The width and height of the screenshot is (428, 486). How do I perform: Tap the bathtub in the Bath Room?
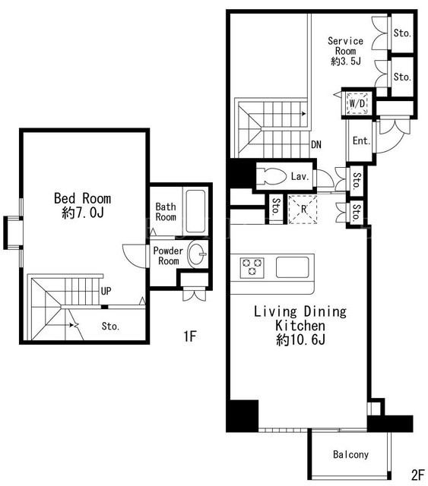[195, 211]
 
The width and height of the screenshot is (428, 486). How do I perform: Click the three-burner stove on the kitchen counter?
[252, 267]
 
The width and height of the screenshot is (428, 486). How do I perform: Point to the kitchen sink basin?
[293, 267]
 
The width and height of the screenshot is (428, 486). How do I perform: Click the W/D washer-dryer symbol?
[357, 103]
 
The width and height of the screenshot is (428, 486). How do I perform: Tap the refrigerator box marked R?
[303, 210]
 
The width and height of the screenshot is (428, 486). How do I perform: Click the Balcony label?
[350, 454]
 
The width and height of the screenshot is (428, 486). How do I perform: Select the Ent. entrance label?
[361, 140]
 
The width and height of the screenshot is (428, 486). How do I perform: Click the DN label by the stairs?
[316, 144]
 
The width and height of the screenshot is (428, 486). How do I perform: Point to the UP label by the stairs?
[106, 291]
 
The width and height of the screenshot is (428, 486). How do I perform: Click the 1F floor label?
[189, 336]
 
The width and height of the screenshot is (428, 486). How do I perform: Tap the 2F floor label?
[417, 475]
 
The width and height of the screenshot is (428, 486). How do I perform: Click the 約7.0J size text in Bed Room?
[83, 213]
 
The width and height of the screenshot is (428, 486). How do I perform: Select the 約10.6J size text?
[300, 340]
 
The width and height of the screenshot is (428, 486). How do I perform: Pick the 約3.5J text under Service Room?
[346, 61]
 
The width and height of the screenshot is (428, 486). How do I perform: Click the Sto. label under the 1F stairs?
[110, 326]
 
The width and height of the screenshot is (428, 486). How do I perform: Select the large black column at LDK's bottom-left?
[243, 415]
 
